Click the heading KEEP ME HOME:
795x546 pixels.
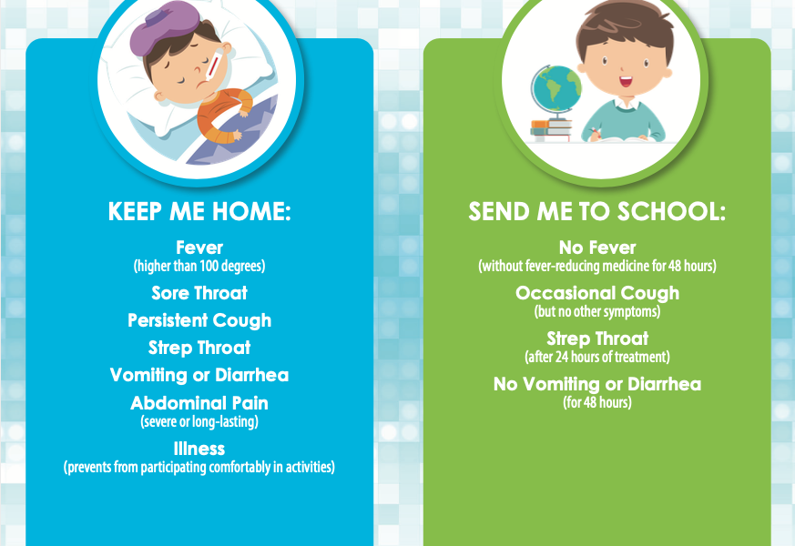tap(199, 211)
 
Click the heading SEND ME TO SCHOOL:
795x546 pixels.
tap(596, 211)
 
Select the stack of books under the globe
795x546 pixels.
tap(551, 129)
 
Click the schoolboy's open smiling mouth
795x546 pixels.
tap(626, 81)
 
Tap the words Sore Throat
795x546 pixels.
tap(199, 293)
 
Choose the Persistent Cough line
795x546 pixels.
tap(199, 320)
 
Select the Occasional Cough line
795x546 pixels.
tap(597, 293)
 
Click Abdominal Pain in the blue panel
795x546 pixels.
tap(199, 403)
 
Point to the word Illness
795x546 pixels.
tap(199, 449)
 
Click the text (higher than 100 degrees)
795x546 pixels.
tap(199, 266)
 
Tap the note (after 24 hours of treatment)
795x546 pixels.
tap(597, 357)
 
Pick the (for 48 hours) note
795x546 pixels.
tap(597, 402)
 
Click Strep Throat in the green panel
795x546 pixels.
tap(597, 339)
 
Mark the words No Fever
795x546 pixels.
tap(597, 248)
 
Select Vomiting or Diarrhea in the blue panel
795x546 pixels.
tap(199, 375)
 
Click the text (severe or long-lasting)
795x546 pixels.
tap(199, 421)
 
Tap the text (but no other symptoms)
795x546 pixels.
tap(597, 311)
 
